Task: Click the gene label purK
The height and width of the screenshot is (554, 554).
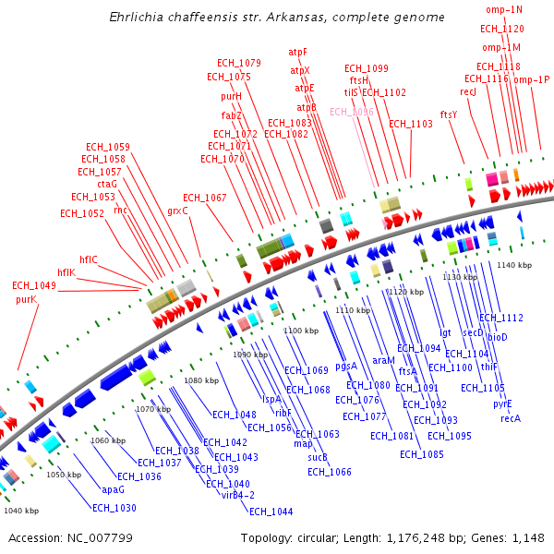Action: pos(26,299)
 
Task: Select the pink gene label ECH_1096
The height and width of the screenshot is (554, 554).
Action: pos(352,112)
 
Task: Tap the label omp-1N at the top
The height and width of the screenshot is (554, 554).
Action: pos(504,9)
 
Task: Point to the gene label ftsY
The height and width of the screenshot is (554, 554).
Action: pos(449,114)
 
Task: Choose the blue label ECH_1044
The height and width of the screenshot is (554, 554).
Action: pos(271,512)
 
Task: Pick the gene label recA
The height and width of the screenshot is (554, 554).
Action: pos(511,418)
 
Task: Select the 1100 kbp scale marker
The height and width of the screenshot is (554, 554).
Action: pos(299,330)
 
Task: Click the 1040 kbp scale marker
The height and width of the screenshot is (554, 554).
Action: pos(21,510)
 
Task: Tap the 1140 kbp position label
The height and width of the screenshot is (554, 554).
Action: pos(514,265)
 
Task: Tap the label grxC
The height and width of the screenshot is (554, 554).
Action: pos(177,211)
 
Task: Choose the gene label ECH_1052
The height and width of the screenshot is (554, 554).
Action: pos(82,213)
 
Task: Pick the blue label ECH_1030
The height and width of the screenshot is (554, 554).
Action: pos(114,508)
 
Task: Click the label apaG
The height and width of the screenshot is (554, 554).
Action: pos(113,489)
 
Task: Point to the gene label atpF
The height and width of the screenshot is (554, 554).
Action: pos(298,52)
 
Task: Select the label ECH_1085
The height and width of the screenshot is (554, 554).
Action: pos(422,453)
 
